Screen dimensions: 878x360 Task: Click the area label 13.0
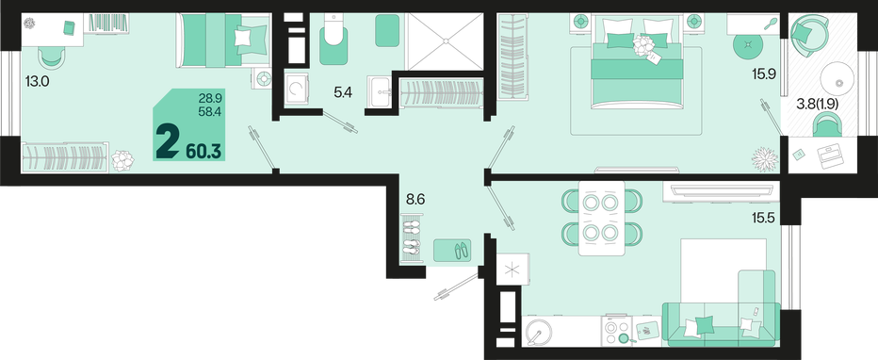coord(38,82)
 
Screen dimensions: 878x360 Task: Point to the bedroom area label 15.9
coord(763,74)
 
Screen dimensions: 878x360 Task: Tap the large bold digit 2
coord(168,142)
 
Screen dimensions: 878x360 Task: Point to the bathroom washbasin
coord(382,90)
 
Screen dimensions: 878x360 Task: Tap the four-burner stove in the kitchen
coord(617,331)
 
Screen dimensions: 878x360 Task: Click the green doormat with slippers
coord(452,251)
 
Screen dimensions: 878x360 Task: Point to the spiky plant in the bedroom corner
coord(764,159)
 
